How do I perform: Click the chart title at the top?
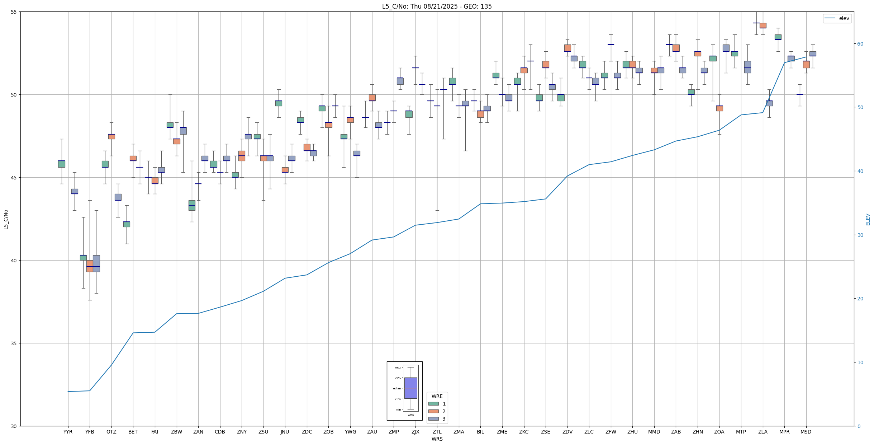click(x=437, y=6)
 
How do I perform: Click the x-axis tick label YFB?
click(x=90, y=432)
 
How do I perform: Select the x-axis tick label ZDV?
click(x=567, y=432)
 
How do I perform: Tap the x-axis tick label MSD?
click(x=806, y=432)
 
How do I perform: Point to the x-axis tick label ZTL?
click(x=437, y=432)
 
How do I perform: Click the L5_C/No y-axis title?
click(x=6, y=219)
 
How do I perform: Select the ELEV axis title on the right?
click(x=868, y=219)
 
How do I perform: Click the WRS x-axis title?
click(x=437, y=439)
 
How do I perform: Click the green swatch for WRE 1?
click(x=433, y=404)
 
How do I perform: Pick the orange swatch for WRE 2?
click(x=433, y=411)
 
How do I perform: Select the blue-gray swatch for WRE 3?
click(x=433, y=419)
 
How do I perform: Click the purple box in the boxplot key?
click(x=410, y=388)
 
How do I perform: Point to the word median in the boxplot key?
click(x=396, y=388)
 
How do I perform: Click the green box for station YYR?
click(x=62, y=164)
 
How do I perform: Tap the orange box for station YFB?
click(x=90, y=266)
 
